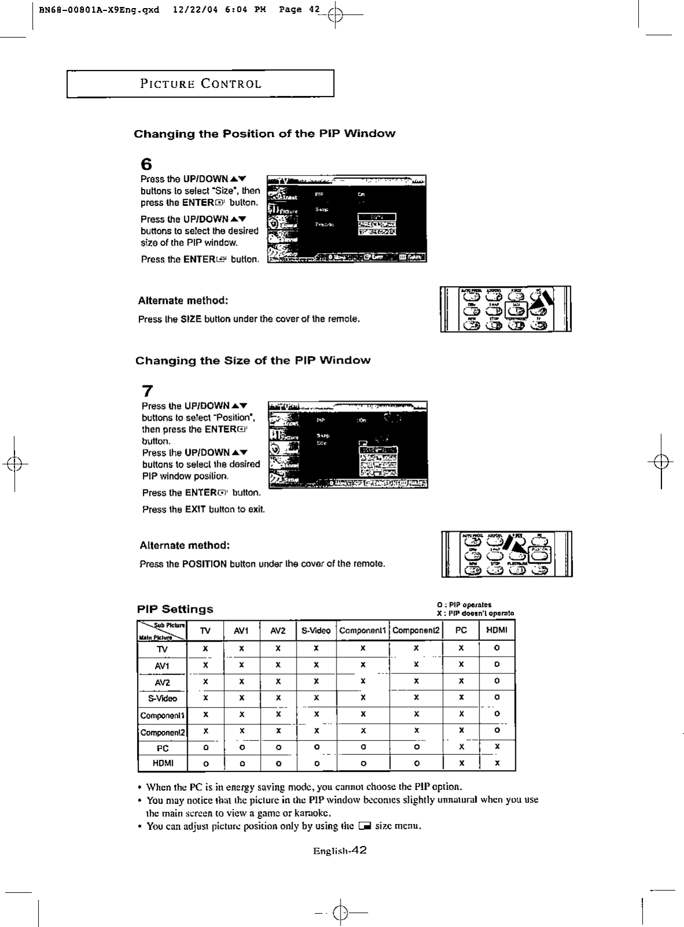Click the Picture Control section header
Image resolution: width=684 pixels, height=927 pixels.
(x=201, y=84)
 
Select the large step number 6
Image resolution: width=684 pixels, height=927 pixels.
(x=146, y=164)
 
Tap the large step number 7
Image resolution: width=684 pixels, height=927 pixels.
(x=147, y=391)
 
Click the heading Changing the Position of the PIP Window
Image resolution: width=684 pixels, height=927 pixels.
(x=264, y=134)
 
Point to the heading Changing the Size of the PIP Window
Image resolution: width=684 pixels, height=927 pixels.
(x=253, y=361)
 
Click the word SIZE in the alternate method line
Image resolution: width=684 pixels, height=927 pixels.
(x=191, y=319)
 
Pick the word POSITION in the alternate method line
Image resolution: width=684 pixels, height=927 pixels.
(x=204, y=563)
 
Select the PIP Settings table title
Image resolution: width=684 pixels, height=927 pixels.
(x=175, y=609)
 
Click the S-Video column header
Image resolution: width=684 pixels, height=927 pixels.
(x=316, y=631)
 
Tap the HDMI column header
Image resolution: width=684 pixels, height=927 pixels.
(x=497, y=631)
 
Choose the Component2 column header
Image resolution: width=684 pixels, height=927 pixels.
(x=416, y=631)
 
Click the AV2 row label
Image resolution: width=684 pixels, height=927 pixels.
(x=162, y=683)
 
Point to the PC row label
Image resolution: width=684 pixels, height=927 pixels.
(x=162, y=748)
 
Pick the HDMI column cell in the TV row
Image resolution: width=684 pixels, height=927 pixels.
(x=497, y=648)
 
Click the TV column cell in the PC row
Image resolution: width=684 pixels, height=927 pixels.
(x=205, y=748)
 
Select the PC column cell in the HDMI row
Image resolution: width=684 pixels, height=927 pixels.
(x=461, y=763)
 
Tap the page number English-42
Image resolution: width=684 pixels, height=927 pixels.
(x=340, y=851)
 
